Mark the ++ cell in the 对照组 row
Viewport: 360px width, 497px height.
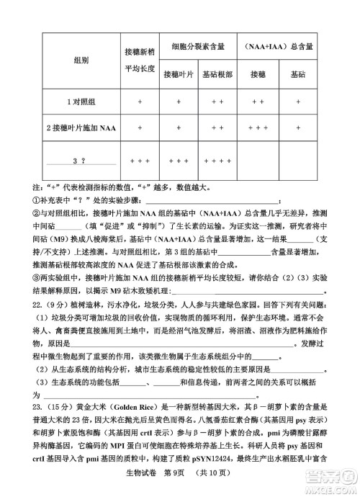coord(259,102)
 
